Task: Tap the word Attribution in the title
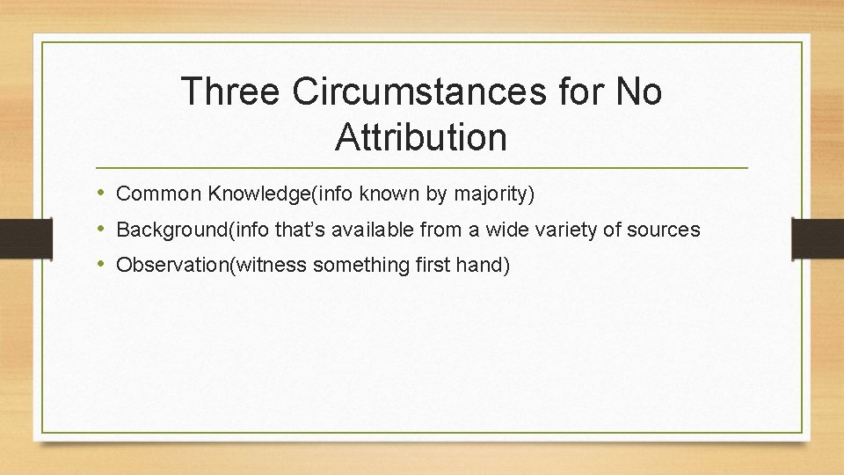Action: tap(421, 137)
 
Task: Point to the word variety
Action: tap(571, 230)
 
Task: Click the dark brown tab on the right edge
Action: tap(818, 237)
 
